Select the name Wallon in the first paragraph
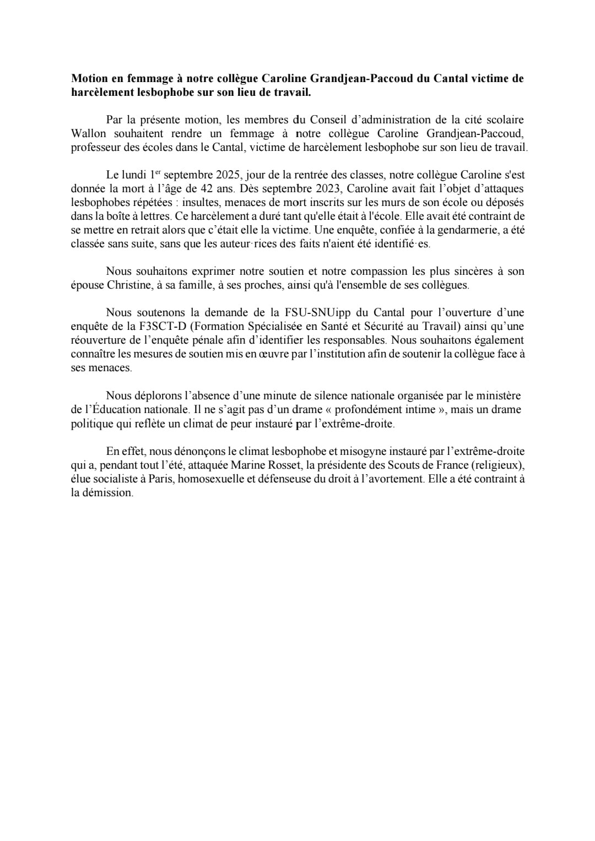pyautogui.click(x=88, y=133)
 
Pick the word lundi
pyautogui.click(x=136, y=175)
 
